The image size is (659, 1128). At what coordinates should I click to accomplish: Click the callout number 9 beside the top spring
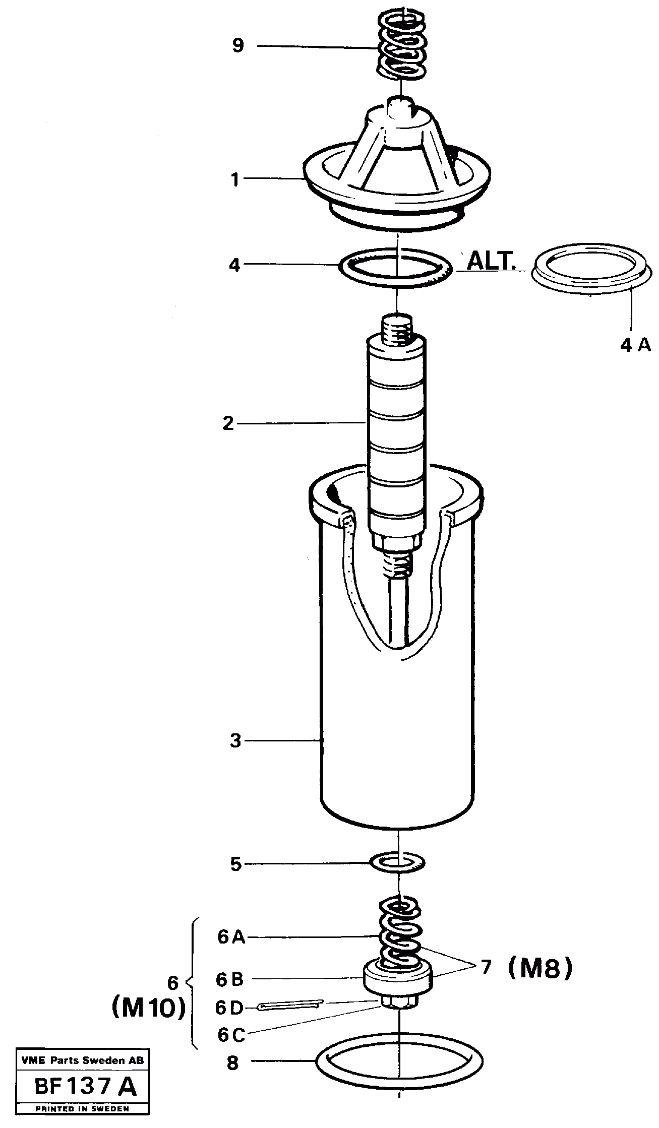coord(237,46)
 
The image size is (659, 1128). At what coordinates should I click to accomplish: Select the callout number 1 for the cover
coord(235,179)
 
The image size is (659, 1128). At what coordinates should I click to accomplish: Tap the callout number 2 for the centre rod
coord(228,423)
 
